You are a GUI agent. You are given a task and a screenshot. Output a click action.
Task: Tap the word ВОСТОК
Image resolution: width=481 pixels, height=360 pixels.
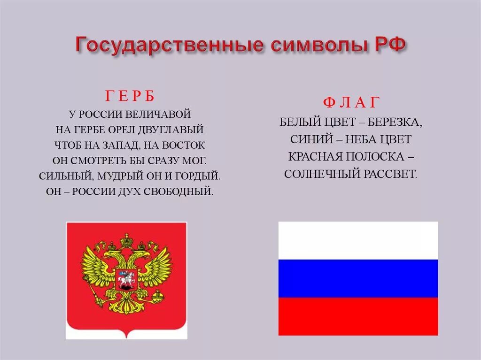(x=184, y=145)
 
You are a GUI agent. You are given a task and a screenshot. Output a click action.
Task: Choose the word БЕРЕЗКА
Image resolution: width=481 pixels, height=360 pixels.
(x=395, y=123)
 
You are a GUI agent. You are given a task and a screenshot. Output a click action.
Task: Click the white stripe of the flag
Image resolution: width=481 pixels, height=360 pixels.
(x=358, y=240)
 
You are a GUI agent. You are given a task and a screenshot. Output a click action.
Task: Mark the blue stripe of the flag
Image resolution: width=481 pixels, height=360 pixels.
(x=358, y=278)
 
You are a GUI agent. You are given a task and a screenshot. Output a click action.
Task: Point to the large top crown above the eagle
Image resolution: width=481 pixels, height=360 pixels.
(x=126, y=240)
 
